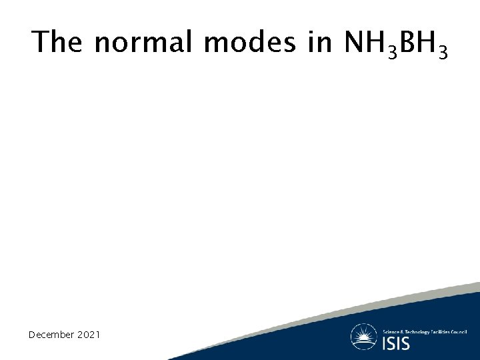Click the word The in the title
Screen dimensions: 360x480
click(57, 42)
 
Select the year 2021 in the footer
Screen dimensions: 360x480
click(87, 334)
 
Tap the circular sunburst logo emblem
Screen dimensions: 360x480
click(364, 337)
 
